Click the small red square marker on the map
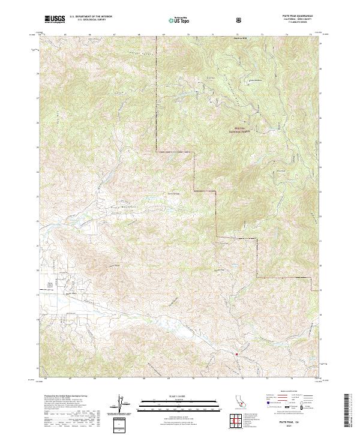pos(237,354)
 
